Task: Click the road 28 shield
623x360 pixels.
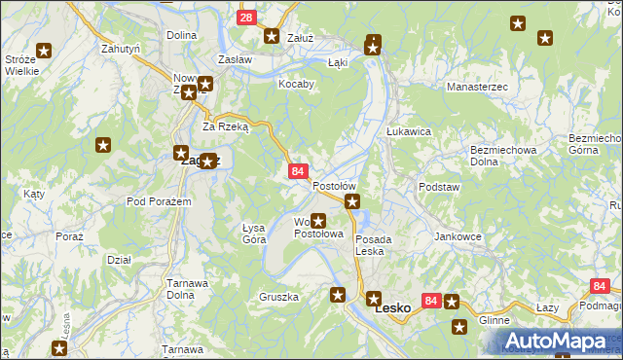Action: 246,18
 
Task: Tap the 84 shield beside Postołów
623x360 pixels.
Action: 298,171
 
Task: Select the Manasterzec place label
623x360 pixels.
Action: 477,87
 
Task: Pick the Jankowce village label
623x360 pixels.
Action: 458,236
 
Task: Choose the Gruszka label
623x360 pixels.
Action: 278,296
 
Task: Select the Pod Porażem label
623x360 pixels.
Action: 158,200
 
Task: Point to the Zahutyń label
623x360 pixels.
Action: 122,48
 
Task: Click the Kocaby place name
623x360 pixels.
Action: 296,84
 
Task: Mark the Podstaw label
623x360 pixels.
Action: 438,186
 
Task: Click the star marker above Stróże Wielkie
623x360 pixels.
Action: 44,52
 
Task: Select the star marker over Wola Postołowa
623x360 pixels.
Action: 317,221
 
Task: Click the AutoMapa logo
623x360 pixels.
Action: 556,341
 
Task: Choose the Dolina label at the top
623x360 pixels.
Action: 181,35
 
